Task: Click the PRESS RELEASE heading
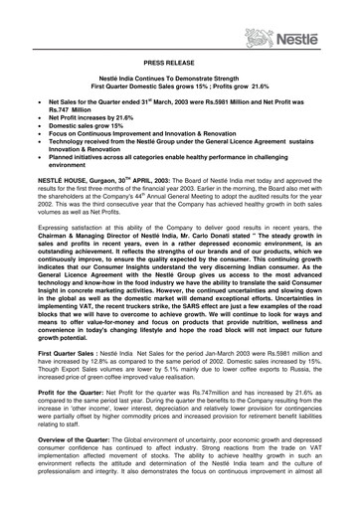coord(180,62)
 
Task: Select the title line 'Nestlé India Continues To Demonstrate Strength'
coord(180,78)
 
